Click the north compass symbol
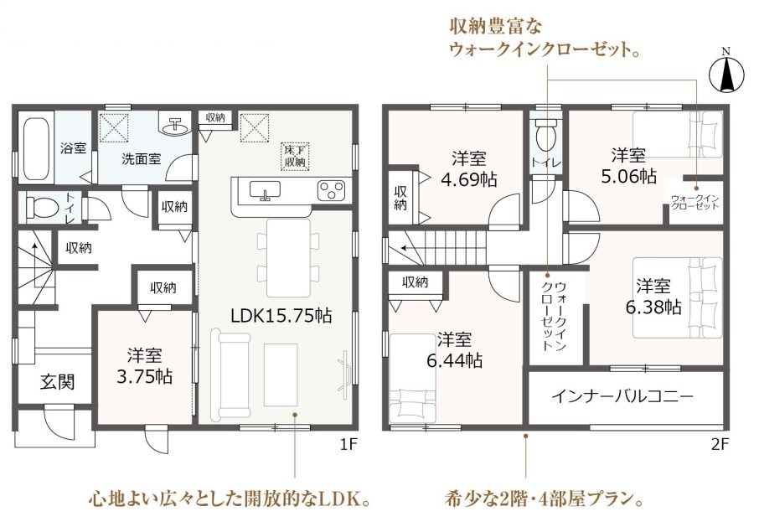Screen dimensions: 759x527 point(726,73)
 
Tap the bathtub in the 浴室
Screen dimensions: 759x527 point(36,147)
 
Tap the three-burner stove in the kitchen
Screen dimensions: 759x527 point(332,189)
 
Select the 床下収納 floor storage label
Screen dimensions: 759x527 point(295,156)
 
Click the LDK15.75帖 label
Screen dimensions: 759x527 point(281,316)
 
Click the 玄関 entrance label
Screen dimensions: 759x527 point(58,382)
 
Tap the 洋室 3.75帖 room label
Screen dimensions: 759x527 point(145,366)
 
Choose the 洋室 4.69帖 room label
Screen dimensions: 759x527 point(468,169)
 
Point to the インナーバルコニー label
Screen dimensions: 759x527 point(622,397)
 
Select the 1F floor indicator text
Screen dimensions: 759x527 point(348,444)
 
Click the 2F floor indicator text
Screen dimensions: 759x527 point(720,444)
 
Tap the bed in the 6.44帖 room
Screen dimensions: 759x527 point(413,378)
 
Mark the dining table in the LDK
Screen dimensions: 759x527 point(288,257)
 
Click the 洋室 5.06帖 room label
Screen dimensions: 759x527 point(628,166)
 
